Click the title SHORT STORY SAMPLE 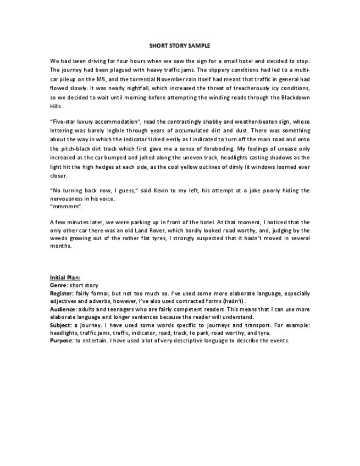tap(180, 46)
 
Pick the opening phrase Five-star tap(65, 122)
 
